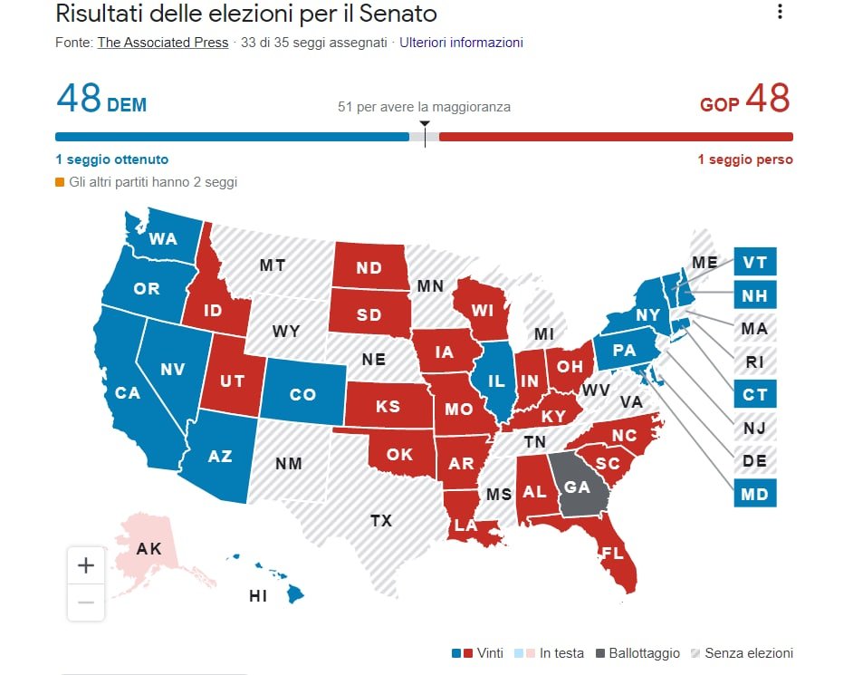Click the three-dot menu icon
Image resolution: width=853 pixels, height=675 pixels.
click(780, 12)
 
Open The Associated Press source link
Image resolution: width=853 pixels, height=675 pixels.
click(163, 43)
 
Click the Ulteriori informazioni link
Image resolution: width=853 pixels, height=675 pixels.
click(462, 43)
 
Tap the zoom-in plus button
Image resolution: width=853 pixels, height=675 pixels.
click(86, 566)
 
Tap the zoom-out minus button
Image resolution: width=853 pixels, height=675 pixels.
click(86, 602)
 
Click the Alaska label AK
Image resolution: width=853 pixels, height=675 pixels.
click(149, 549)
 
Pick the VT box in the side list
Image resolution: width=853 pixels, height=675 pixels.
click(754, 262)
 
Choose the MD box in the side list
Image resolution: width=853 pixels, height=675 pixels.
click(754, 495)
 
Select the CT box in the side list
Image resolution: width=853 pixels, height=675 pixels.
click(754, 395)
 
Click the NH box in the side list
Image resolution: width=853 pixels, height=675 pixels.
click(754, 295)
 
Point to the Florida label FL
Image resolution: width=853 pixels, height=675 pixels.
click(613, 552)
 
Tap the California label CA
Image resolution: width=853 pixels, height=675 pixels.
click(128, 392)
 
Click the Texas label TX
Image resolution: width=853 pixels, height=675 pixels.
click(381, 520)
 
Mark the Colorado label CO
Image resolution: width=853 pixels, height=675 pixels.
click(302, 394)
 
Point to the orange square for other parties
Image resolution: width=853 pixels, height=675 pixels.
click(60, 182)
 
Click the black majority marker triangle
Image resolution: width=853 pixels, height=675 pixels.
click(425, 123)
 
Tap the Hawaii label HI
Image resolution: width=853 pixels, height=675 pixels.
click(258, 596)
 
